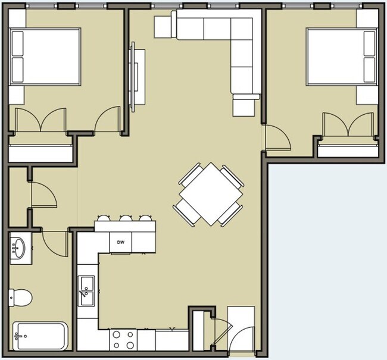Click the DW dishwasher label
[x=120, y=242]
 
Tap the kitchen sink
[x=87, y=292]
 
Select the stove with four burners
[x=124, y=340]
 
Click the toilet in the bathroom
[x=21, y=296]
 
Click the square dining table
[x=208, y=194]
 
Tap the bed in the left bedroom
[x=45, y=57]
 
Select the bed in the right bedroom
[x=342, y=57]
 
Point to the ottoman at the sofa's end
[x=244, y=107]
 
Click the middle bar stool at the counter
[x=126, y=219]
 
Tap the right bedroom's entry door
[x=277, y=139]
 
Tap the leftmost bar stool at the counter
[x=104, y=219]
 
